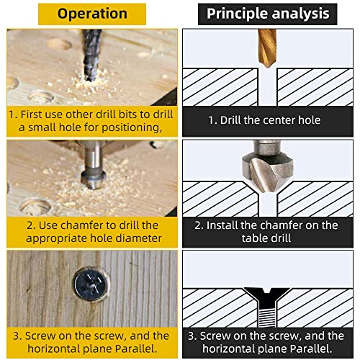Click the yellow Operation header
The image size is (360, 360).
tap(91, 14)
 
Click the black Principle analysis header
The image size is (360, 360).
tap(268, 14)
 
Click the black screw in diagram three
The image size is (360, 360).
tap(268, 302)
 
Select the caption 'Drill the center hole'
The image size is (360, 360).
tap(268, 120)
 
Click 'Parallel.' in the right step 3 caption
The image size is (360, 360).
tap(315, 349)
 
